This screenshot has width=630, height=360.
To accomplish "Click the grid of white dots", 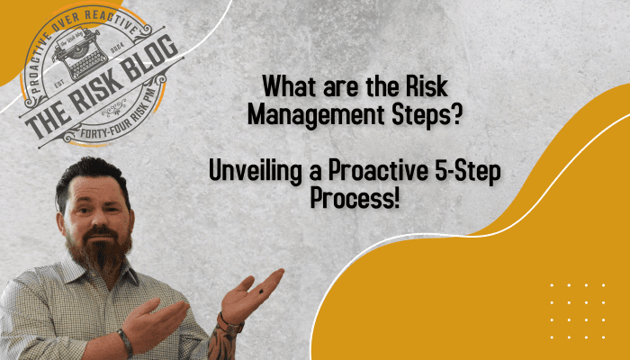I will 577,310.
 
